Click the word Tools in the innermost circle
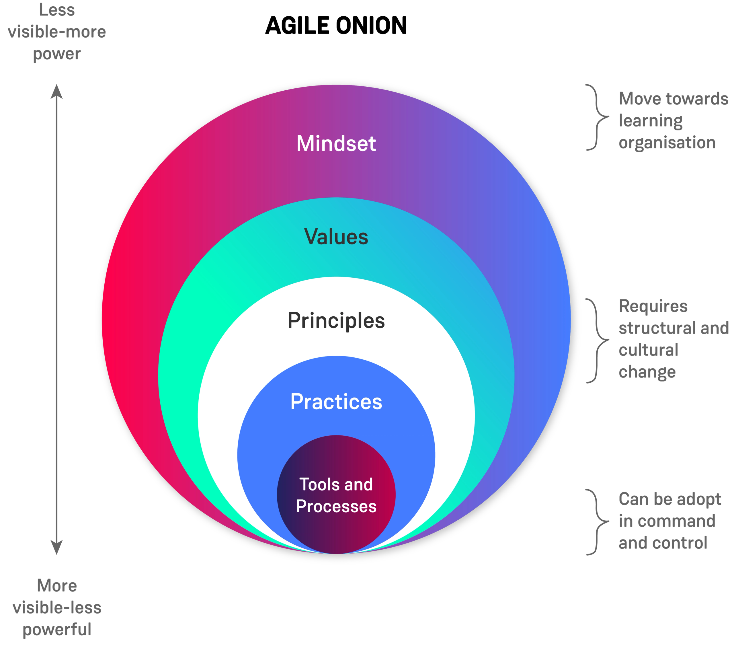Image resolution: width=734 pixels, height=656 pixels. click(x=316, y=484)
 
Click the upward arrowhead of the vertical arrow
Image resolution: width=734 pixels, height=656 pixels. click(x=56, y=92)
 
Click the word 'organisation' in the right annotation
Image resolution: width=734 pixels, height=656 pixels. click(x=667, y=143)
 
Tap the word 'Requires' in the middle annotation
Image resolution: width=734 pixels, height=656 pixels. click(x=653, y=306)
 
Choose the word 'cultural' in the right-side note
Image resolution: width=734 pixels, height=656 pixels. click(x=648, y=350)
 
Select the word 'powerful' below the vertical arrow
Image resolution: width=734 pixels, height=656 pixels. click(x=56, y=630)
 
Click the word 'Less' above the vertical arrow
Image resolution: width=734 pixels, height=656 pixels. click(x=56, y=10)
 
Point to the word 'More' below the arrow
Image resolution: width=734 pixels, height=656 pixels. click(x=56, y=586)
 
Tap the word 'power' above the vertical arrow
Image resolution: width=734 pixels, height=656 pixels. click(x=56, y=54)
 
